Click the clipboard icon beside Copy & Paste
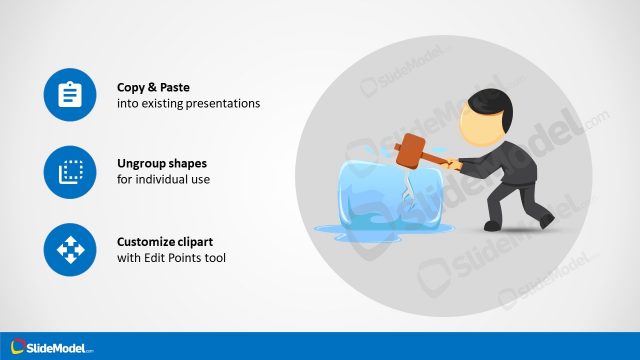(x=69, y=95)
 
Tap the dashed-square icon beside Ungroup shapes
(x=69, y=171)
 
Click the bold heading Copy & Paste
(x=154, y=87)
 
